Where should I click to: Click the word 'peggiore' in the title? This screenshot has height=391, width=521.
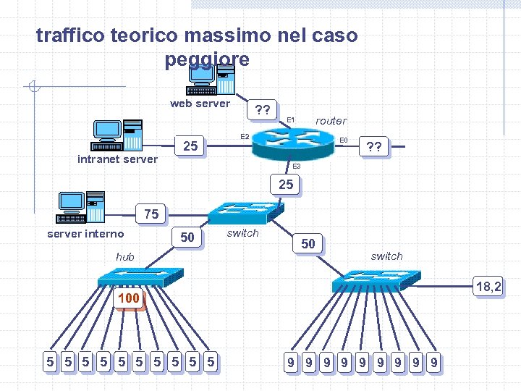(207, 59)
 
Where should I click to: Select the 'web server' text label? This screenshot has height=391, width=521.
(200, 104)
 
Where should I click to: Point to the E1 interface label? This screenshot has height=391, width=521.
(291, 119)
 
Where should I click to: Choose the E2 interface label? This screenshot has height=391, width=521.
(245, 136)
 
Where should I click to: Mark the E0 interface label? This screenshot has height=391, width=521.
(344, 140)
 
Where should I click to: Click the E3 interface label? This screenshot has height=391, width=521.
(297, 167)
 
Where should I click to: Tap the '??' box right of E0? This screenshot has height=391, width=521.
(374, 148)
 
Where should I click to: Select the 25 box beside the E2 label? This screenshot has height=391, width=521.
(190, 146)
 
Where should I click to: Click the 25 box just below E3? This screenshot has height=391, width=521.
(287, 185)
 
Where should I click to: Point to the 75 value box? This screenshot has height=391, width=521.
(151, 214)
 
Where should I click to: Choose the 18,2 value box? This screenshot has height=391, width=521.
(488, 287)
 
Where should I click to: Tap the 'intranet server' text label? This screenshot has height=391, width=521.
(117, 159)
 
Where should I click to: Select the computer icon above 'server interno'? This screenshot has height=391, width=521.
(81, 207)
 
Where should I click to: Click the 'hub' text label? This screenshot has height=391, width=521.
(125, 256)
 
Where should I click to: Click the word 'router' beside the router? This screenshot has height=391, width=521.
(331, 121)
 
